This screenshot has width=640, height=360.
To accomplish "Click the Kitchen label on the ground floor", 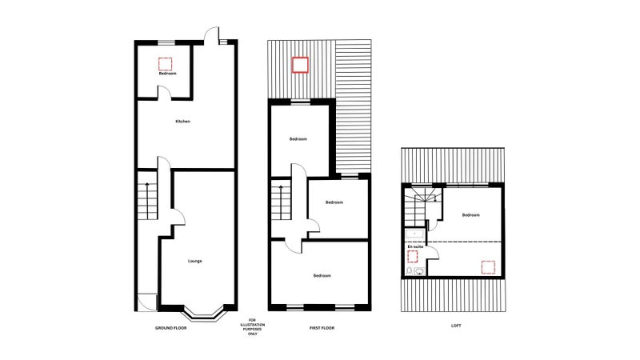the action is coord(182,122).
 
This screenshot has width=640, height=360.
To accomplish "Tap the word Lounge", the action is coord(194,261).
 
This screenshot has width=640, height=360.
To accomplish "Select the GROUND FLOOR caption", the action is coord(170,328).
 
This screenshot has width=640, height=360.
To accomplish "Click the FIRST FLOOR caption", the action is coord(322,328).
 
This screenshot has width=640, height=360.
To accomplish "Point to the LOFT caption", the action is coord(456,326).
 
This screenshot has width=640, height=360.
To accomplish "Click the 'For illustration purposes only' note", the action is coord(253,327).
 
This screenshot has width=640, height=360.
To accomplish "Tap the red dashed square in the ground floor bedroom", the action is coord(166,64).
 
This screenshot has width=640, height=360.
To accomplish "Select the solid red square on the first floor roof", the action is coord(300,65).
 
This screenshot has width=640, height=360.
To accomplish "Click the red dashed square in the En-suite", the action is coord(413,256).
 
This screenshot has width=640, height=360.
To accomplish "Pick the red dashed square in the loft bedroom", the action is coord(488,267).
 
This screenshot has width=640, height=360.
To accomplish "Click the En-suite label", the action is coord(415,246).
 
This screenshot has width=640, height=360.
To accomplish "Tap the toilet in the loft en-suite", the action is coord(410,271).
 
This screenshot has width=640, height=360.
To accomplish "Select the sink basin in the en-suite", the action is coord(419,271).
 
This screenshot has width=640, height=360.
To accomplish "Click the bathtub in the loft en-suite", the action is coord(415,234).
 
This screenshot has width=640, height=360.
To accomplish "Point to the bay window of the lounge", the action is coord(204,312).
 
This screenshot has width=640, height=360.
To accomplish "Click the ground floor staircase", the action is coord(147,202).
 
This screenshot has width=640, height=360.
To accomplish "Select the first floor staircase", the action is coord(282,202).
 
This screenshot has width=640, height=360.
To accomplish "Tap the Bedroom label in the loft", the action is coord(470,215).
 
